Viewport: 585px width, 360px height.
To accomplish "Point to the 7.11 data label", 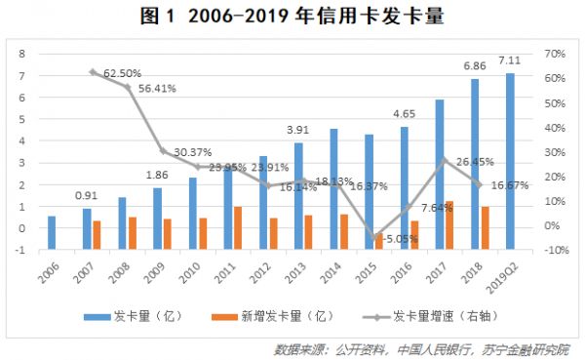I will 510,60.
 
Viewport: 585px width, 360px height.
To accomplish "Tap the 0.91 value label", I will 87,195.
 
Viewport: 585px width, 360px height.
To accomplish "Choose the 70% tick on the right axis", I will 556,54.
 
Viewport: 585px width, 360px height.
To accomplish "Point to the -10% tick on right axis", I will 556,251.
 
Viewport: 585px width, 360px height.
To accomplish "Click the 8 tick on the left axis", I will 20,54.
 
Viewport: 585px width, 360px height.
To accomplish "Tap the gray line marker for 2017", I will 443,161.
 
